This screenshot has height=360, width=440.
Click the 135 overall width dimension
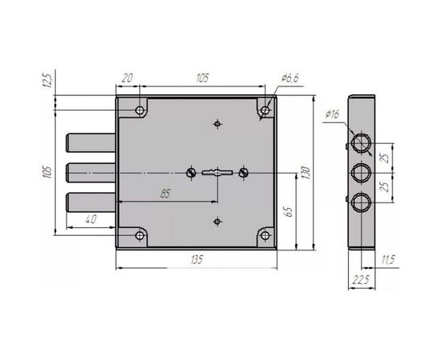pyautogui.click(x=197, y=259)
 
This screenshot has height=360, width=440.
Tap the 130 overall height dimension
pyautogui.click(x=306, y=173)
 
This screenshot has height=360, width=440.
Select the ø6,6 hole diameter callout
pyautogui.click(x=290, y=78)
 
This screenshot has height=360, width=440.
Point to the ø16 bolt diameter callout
pyautogui.click(x=333, y=114)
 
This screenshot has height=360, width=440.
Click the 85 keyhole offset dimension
pyautogui.click(x=166, y=194)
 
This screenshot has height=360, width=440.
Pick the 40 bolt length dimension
pyautogui.click(x=90, y=219)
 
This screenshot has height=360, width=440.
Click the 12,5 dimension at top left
pyautogui.click(x=48, y=80)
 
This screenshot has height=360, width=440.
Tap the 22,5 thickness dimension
pyautogui.click(x=361, y=280)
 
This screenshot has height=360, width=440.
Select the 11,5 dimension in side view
pyautogui.click(x=388, y=260)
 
